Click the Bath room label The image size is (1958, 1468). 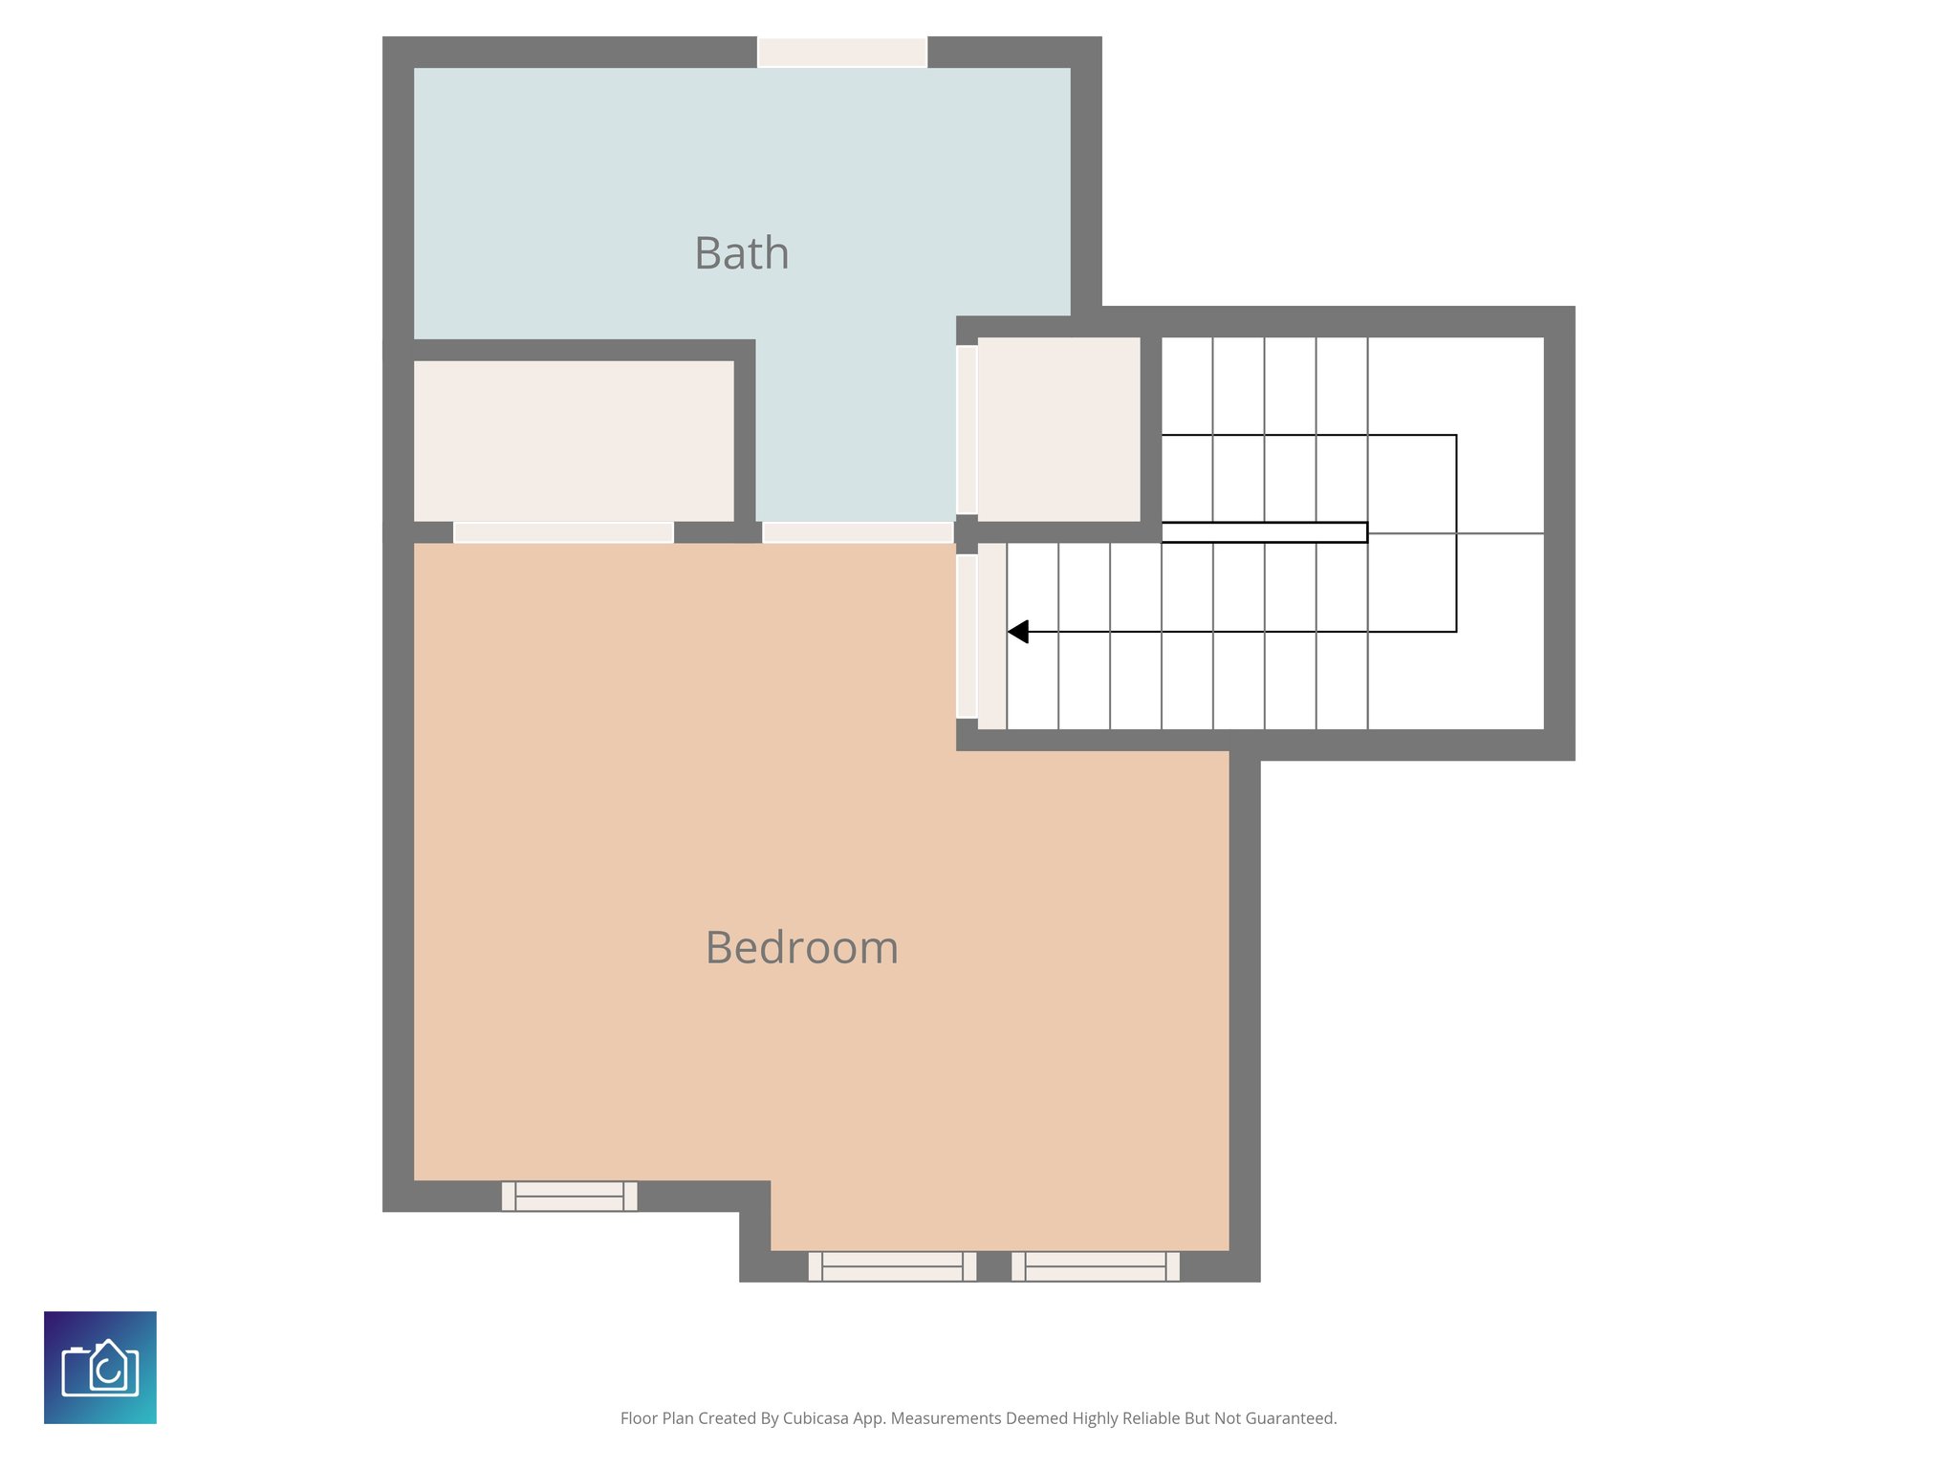pos(742,254)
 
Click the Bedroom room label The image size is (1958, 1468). pos(801,948)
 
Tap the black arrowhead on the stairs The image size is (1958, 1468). pos(1018,632)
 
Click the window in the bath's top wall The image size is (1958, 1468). pos(842,52)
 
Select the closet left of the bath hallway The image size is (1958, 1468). pos(574,441)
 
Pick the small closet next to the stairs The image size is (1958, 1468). pos(1058,429)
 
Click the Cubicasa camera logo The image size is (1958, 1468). pos(100,1368)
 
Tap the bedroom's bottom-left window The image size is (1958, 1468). pos(569,1196)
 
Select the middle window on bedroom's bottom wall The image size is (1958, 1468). pos(892,1266)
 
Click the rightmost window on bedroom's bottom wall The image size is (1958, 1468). pos(1096,1266)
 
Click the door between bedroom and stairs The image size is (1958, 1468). pos(967,636)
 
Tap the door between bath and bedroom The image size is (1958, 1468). pos(858,532)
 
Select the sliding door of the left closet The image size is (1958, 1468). pos(563,532)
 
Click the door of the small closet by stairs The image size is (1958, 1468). pos(967,429)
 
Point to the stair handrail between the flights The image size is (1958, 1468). pos(1264,532)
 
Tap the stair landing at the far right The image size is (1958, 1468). pos(1501,532)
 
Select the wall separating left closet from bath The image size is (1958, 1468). pos(574,350)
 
